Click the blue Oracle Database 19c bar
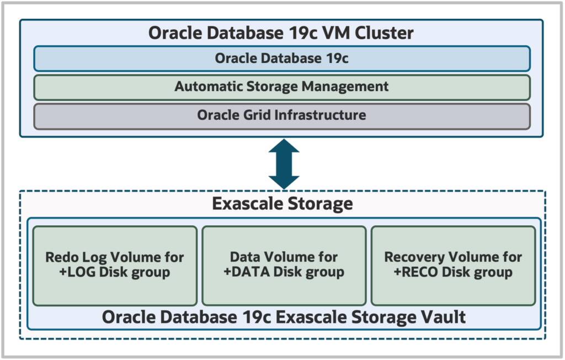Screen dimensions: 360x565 [281, 59]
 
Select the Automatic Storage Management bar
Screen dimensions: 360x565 [281, 87]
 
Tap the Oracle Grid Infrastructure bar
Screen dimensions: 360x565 [281, 116]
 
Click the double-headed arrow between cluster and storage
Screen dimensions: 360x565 [284, 164]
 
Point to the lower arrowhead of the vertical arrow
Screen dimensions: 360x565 [284, 181]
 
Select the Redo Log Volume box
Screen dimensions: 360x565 [115, 265]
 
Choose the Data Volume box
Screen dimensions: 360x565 [284, 265]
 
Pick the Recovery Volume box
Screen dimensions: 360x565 [453, 265]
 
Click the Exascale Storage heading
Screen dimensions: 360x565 [282, 204]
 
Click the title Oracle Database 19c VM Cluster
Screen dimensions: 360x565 [281, 33]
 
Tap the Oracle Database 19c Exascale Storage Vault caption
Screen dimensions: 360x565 [284, 317]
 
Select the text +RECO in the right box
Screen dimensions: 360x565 [415, 272]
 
